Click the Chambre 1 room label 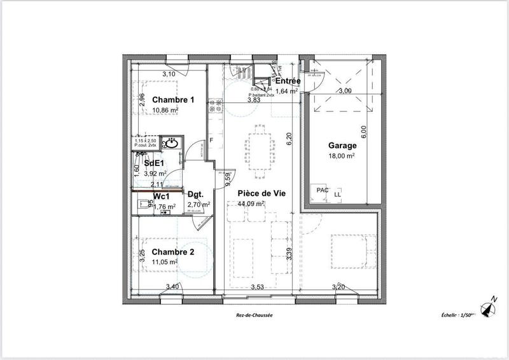click(173, 100)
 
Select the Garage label click(342, 144)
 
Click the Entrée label click(288, 81)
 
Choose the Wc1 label click(161, 196)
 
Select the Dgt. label click(195, 195)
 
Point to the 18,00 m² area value click(342, 155)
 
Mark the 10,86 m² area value click(165, 110)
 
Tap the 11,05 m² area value click(164, 261)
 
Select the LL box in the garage click(337, 192)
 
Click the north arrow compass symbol click(489, 308)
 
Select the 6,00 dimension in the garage click(363, 132)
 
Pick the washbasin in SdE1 click(169, 144)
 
